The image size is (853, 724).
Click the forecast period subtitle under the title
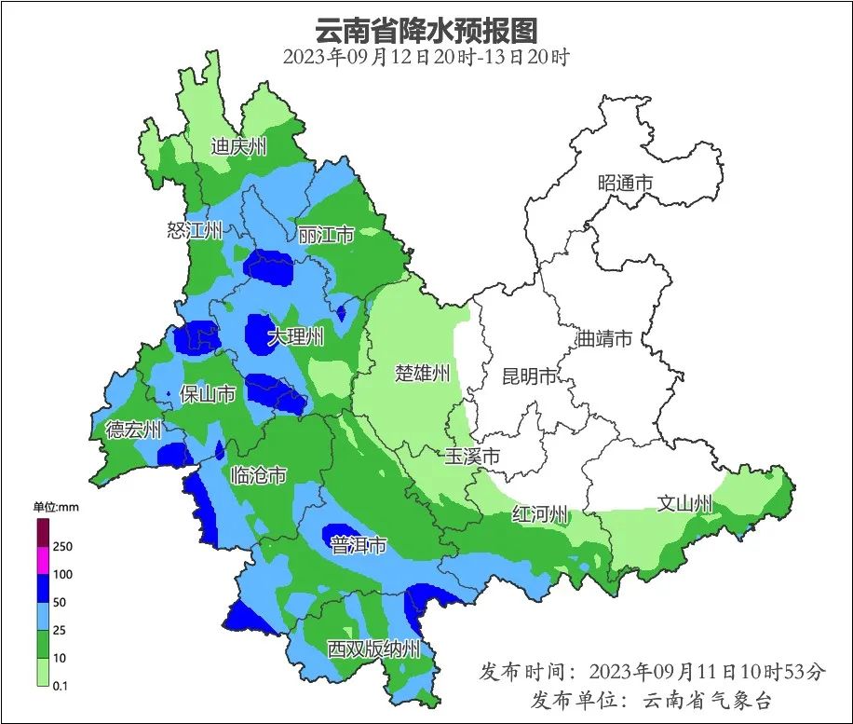[426, 57]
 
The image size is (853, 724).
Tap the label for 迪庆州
[238, 145]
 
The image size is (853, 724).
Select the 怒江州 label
[195, 230]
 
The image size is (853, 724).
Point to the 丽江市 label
[326, 235]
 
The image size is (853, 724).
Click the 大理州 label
[296, 336]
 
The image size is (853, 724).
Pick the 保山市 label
[207, 394]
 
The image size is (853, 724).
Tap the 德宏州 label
[133, 430]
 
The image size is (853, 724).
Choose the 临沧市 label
[258, 475]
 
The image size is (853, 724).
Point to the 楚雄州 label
[423, 374]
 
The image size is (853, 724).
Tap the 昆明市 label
[529, 376]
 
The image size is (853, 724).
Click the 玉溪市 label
[472, 457]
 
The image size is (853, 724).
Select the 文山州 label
[684, 504]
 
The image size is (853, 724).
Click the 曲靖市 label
[604, 338]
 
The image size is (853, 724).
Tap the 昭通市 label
[625, 184]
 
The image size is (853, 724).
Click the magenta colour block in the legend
[43, 561]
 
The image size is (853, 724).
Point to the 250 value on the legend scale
[63, 546]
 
